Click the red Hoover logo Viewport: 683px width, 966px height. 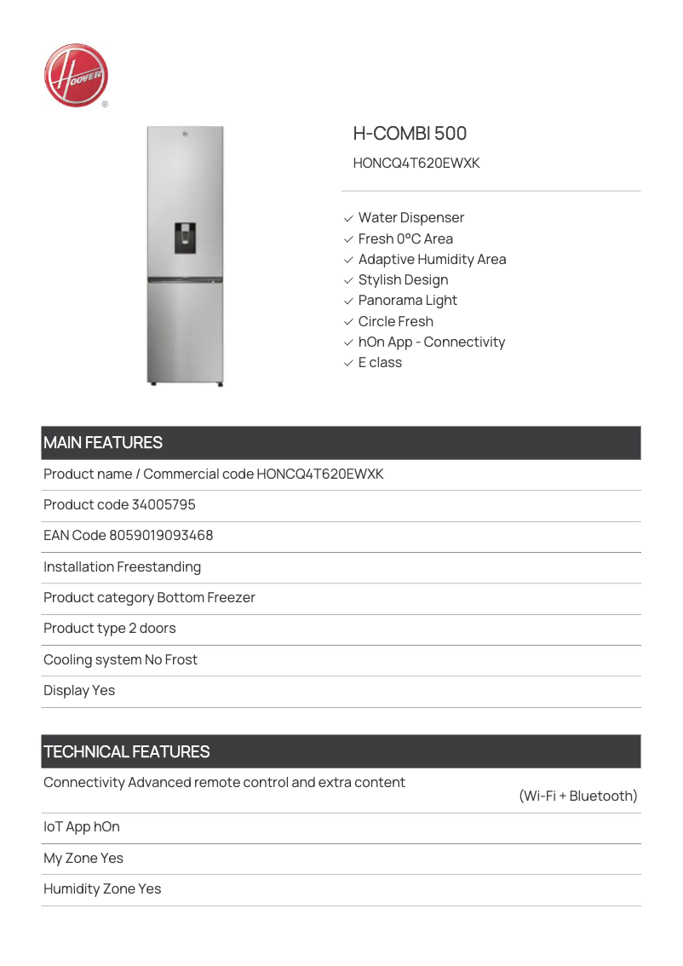click(76, 76)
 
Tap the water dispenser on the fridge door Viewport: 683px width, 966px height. click(185, 237)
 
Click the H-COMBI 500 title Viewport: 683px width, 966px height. click(410, 133)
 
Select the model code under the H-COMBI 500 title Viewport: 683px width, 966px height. click(416, 163)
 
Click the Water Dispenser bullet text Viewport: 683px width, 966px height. click(410, 218)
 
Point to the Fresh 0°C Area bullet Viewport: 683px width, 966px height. click(405, 239)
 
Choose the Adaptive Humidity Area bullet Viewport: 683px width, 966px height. click(432, 259)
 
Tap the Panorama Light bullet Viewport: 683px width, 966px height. click(407, 300)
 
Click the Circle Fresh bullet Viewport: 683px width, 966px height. click(395, 321)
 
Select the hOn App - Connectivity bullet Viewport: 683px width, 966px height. click(431, 342)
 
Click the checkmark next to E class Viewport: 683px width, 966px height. click(348, 363)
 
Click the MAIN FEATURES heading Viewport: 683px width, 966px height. click(103, 443)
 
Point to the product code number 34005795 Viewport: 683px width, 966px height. click(164, 504)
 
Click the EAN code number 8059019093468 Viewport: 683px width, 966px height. click(161, 536)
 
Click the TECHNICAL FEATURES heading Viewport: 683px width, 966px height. click(127, 751)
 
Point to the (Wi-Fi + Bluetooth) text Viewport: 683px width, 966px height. click(577, 796)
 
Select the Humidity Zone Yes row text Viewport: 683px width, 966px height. click(102, 888)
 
